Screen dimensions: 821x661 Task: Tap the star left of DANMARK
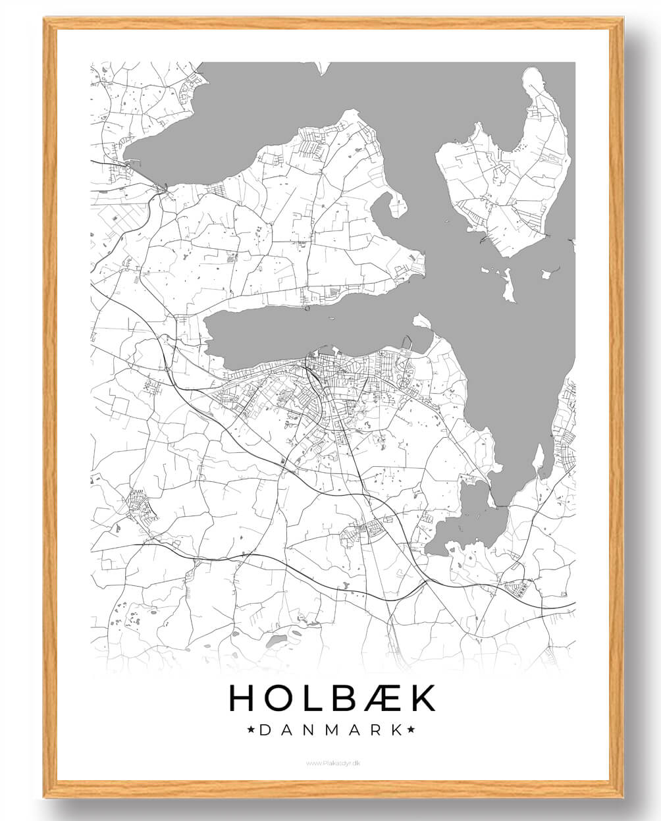coord(251,729)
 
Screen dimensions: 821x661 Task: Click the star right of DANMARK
coord(411,729)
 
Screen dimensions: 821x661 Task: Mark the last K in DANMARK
coord(396,729)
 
